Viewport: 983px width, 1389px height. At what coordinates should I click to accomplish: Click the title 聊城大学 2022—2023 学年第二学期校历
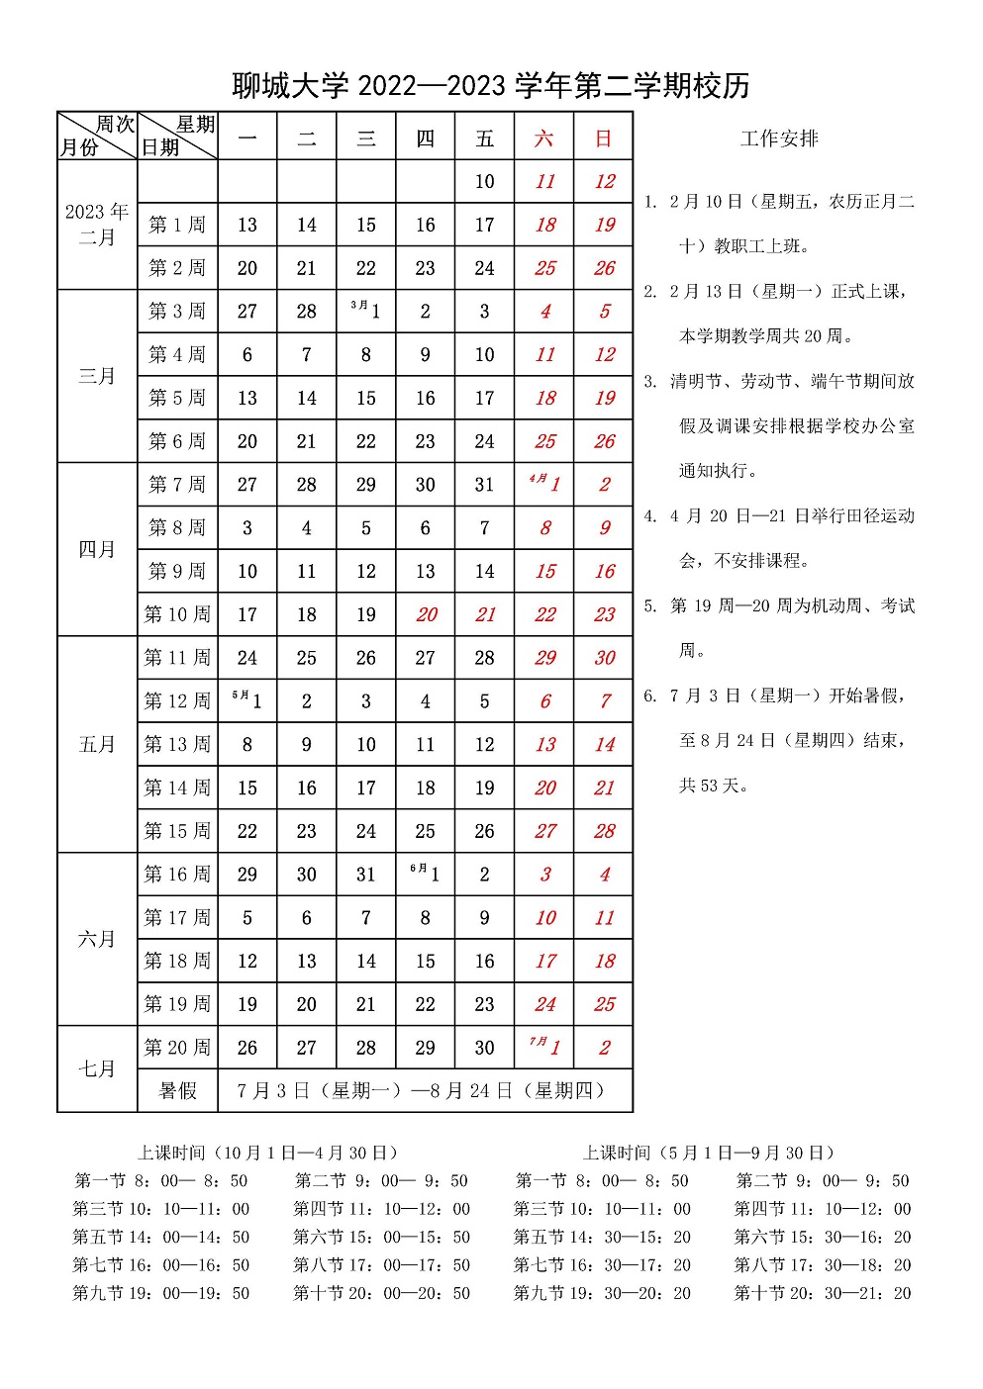click(x=491, y=86)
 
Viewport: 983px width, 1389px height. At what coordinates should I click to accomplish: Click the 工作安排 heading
click(x=779, y=139)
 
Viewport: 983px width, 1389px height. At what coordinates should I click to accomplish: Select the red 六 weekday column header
click(x=544, y=139)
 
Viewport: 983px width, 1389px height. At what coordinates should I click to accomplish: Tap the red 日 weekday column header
click(x=604, y=139)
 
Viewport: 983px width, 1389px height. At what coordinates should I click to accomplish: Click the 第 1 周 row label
click(x=177, y=225)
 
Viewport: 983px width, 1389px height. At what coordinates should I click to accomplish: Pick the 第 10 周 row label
click(x=177, y=614)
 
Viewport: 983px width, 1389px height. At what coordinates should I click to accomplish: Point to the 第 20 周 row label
click(x=177, y=1047)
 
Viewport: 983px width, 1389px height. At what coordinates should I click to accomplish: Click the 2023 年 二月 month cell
click(x=97, y=225)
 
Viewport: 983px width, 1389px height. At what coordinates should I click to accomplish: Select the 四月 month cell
click(x=97, y=549)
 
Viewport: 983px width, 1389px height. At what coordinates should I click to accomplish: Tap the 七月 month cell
click(x=97, y=1068)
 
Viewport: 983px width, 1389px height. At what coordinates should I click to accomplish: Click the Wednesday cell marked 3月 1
click(x=366, y=311)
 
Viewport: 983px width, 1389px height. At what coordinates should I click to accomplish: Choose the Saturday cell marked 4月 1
click(x=544, y=484)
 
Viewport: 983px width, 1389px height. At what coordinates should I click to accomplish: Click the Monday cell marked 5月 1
click(x=247, y=700)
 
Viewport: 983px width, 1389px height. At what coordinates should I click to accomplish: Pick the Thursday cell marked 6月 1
click(x=426, y=874)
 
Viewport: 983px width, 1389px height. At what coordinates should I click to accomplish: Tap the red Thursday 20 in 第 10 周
click(x=426, y=614)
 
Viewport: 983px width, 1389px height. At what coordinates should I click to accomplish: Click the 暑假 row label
click(x=177, y=1090)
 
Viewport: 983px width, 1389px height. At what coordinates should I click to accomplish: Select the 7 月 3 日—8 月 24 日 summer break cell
click(x=424, y=1090)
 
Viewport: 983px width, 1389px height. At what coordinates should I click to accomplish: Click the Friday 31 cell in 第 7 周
click(x=484, y=485)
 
